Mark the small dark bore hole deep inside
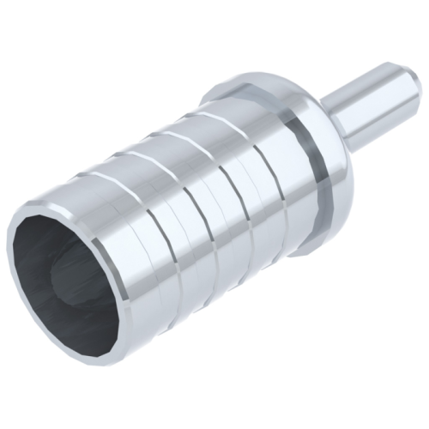click(x=64, y=275)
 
